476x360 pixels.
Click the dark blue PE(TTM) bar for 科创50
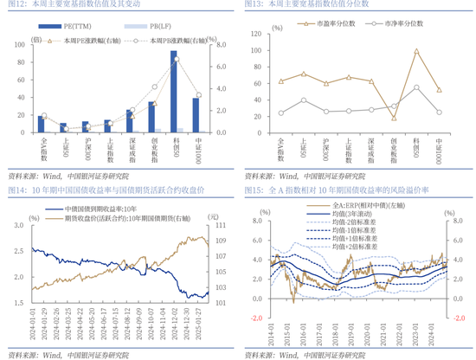pos(174,90)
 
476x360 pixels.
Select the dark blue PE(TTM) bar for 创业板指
pos(151,116)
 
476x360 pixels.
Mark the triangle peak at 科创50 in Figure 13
pos(417,50)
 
